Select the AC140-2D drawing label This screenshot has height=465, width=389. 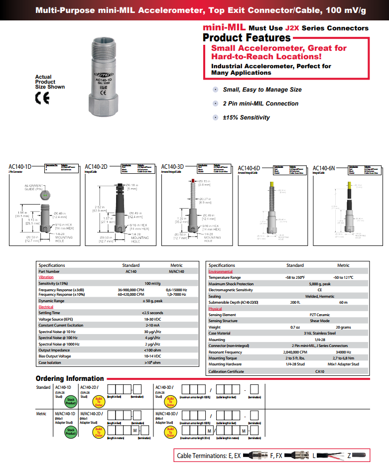(x=96, y=167)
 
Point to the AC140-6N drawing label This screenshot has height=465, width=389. (x=324, y=168)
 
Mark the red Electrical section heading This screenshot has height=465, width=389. (x=46, y=307)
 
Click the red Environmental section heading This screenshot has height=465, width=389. (x=220, y=272)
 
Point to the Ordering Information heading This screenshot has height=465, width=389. (x=70, y=378)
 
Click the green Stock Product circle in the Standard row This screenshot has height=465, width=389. (x=71, y=402)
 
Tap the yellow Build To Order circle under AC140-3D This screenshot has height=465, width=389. (x=171, y=402)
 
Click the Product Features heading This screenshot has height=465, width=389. (x=247, y=38)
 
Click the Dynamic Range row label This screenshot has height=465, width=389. (x=51, y=301)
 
